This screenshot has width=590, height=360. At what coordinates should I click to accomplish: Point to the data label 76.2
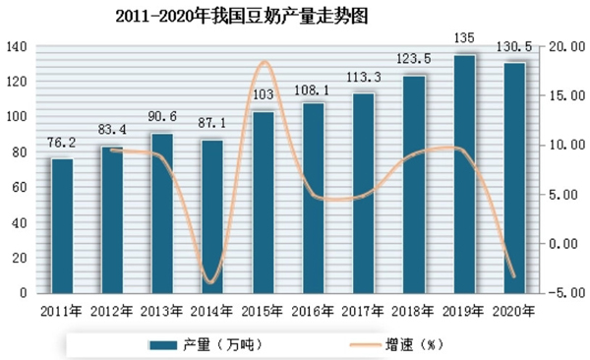tap(62, 145)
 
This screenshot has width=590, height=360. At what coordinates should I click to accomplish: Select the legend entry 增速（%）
tap(401, 343)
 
